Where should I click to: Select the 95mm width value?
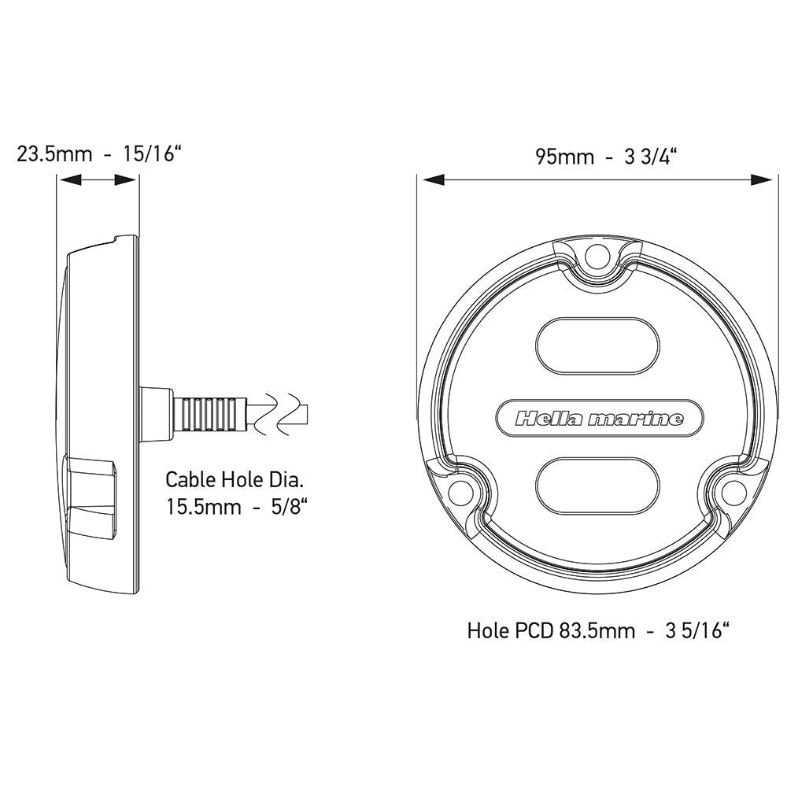tap(564, 157)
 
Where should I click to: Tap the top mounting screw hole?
tap(597, 254)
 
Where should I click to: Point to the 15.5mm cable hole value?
tap(204, 506)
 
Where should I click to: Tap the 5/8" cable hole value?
tap(290, 506)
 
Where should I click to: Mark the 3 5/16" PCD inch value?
tap(693, 630)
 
